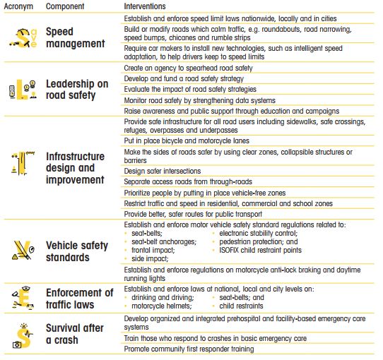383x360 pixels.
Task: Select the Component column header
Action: tap(68, 6)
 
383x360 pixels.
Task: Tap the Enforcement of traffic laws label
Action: tap(80, 299)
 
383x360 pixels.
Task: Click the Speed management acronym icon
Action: tap(26, 37)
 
